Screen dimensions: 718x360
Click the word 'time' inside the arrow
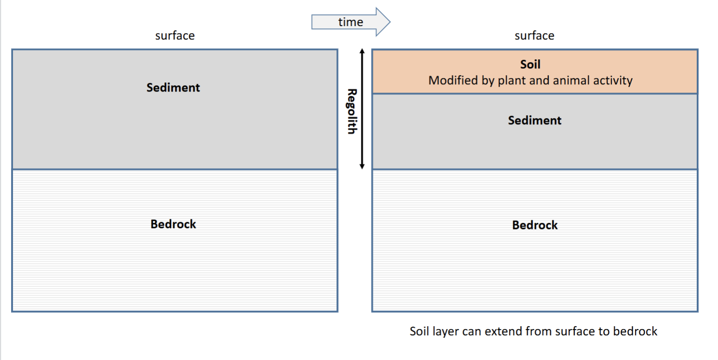point(351,22)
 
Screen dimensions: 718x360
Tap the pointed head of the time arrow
point(390,22)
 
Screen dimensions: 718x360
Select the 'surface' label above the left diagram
point(175,36)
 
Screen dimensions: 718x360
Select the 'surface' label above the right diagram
point(534,36)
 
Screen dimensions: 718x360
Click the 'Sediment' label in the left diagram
point(173,88)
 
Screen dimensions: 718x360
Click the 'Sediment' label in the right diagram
point(535,120)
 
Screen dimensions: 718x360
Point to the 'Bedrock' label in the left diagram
point(173,224)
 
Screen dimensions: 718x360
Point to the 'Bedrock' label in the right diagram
point(535,225)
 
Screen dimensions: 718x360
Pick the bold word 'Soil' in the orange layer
point(530,65)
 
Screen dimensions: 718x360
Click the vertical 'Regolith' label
point(352,111)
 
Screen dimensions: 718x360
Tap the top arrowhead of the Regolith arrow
point(362,50)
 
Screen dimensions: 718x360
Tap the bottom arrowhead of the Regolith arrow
point(362,167)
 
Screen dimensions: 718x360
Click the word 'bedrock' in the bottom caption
point(635,331)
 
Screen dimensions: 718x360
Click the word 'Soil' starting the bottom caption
point(420,331)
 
